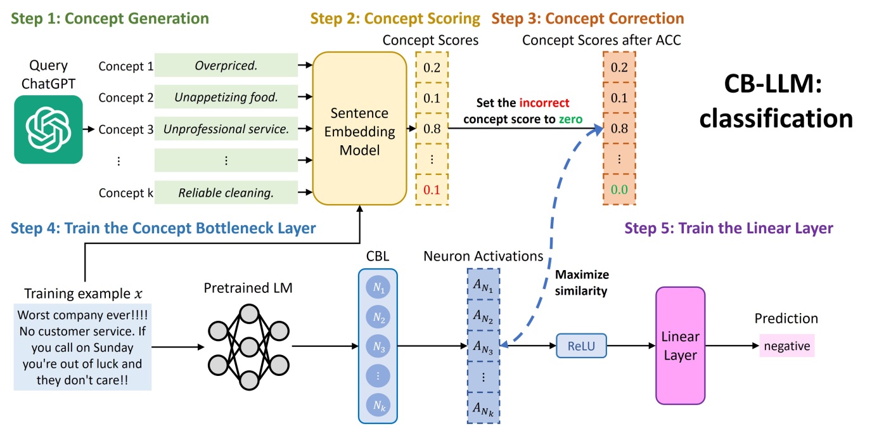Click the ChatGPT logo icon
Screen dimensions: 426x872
click(48, 129)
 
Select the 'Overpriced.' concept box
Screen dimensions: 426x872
click(226, 66)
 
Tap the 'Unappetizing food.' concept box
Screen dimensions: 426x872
click(226, 98)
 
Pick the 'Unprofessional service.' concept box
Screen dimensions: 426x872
click(226, 129)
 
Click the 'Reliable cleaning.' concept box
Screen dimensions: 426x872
click(226, 193)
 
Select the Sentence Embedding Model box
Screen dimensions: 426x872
click(359, 132)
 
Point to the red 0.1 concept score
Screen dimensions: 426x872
click(432, 190)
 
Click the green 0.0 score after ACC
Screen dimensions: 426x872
click(619, 190)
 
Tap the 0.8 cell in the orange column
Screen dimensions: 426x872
click(619, 129)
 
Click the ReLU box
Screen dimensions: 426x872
click(581, 346)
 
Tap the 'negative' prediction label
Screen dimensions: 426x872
click(786, 346)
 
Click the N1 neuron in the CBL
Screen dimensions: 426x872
click(378, 288)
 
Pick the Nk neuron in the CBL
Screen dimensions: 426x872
click(378, 404)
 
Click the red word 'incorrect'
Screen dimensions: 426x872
click(544, 103)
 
